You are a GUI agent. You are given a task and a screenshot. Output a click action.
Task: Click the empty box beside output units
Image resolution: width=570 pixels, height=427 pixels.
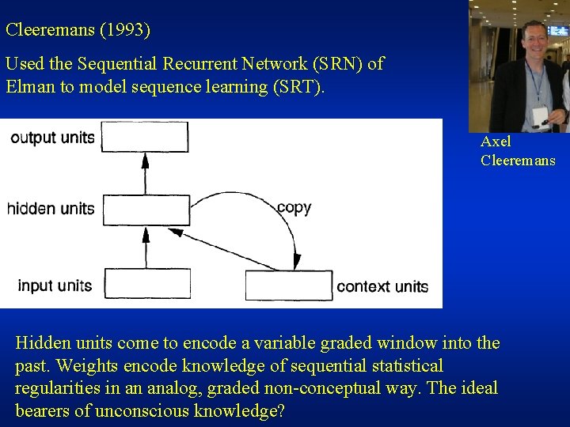(146, 137)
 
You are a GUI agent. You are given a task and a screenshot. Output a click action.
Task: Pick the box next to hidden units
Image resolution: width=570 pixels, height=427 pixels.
(146, 210)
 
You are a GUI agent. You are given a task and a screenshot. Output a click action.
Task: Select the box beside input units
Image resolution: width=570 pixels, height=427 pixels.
(146, 284)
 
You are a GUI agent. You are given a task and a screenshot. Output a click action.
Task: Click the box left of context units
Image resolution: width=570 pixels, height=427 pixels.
(289, 284)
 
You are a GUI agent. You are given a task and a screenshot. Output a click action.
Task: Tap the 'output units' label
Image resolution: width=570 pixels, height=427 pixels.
(52, 138)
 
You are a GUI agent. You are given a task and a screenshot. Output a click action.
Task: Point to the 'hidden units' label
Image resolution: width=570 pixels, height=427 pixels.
(51, 210)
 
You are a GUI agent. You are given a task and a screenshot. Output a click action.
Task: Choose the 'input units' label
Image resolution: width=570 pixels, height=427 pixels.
(55, 285)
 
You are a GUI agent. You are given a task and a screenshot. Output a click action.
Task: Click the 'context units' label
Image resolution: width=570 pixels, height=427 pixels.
(382, 286)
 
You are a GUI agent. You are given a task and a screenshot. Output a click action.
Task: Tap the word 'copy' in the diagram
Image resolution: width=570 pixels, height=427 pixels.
(294, 208)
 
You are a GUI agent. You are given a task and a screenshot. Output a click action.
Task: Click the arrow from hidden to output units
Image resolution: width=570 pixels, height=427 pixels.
(145, 172)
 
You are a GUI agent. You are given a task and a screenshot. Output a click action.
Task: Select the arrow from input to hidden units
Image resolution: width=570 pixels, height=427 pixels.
(145, 247)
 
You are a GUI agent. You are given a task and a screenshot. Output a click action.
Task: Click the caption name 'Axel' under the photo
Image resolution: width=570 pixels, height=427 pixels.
(496, 142)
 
